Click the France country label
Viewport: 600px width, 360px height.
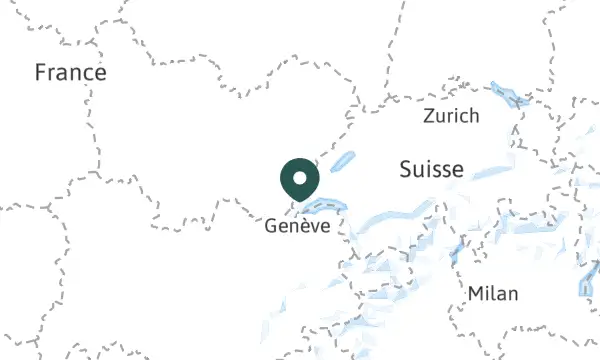(x=70, y=73)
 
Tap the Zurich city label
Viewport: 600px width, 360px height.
(x=451, y=116)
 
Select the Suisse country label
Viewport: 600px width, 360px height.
(x=431, y=169)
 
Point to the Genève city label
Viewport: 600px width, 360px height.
(x=297, y=227)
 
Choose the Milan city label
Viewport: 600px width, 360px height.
(x=493, y=293)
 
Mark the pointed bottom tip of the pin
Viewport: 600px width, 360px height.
(x=299, y=199)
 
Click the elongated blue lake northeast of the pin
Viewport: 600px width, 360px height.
(x=342, y=160)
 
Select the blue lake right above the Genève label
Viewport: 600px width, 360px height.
(x=322, y=208)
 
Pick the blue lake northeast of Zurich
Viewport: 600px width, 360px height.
(x=510, y=98)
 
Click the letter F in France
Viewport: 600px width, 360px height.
(x=40, y=73)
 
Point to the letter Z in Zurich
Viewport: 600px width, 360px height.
(x=429, y=116)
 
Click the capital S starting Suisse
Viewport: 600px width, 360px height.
(x=405, y=169)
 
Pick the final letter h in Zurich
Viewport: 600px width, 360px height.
(x=474, y=116)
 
